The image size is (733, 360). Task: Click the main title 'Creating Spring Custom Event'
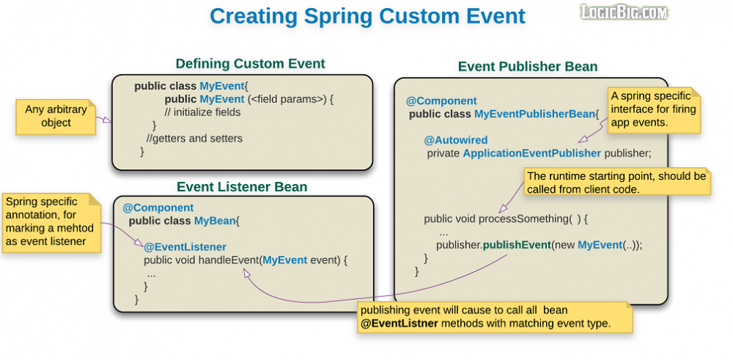point(367,16)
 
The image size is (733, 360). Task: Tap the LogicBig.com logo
point(624,12)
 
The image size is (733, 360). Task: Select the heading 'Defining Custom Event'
point(250,64)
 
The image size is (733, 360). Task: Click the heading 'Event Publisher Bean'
point(528,67)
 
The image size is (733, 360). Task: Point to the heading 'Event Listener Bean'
point(242,187)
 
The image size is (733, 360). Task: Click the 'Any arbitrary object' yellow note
point(56,117)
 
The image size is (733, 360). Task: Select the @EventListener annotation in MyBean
point(185,247)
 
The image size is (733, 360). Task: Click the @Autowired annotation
point(455,140)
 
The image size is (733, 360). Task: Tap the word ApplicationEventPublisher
point(532,153)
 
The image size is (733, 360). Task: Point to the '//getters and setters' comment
point(194,138)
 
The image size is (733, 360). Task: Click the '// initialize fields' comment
point(202,112)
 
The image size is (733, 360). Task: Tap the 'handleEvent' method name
point(228,260)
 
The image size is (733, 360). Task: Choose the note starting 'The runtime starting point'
point(616,182)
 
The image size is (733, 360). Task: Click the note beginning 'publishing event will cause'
point(496,317)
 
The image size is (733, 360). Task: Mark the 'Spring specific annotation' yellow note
point(51,221)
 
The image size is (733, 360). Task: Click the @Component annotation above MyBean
point(158,207)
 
